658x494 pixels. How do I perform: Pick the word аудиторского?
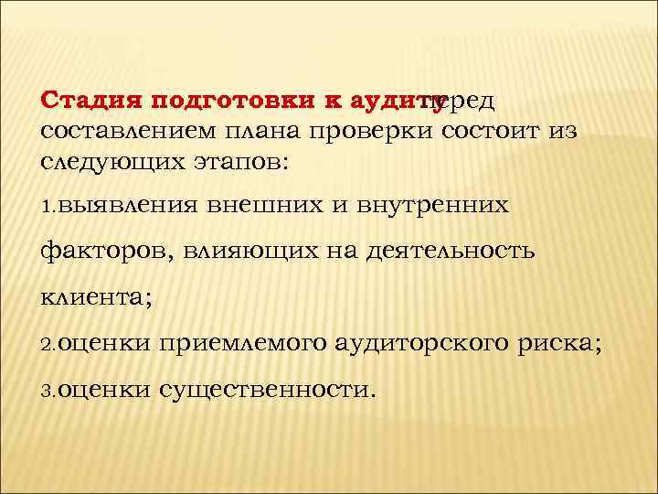pyautogui.click(x=442, y=344)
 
